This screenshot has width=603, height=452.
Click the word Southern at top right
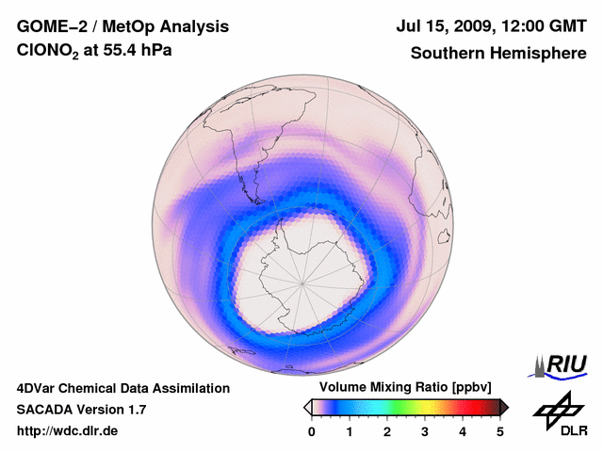[447, 54]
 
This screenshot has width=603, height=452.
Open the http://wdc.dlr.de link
[68, 431]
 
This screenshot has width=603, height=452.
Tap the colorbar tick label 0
[312, 431]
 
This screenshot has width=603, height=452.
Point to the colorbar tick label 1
[350, 431]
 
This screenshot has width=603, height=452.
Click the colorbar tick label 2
[387, 431]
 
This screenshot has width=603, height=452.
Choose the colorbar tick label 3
[425, 431]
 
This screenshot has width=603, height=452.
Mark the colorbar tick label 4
[463, 431]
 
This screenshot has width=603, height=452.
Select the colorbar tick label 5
[500, 431]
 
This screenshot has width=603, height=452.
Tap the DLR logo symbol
[556, 410]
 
